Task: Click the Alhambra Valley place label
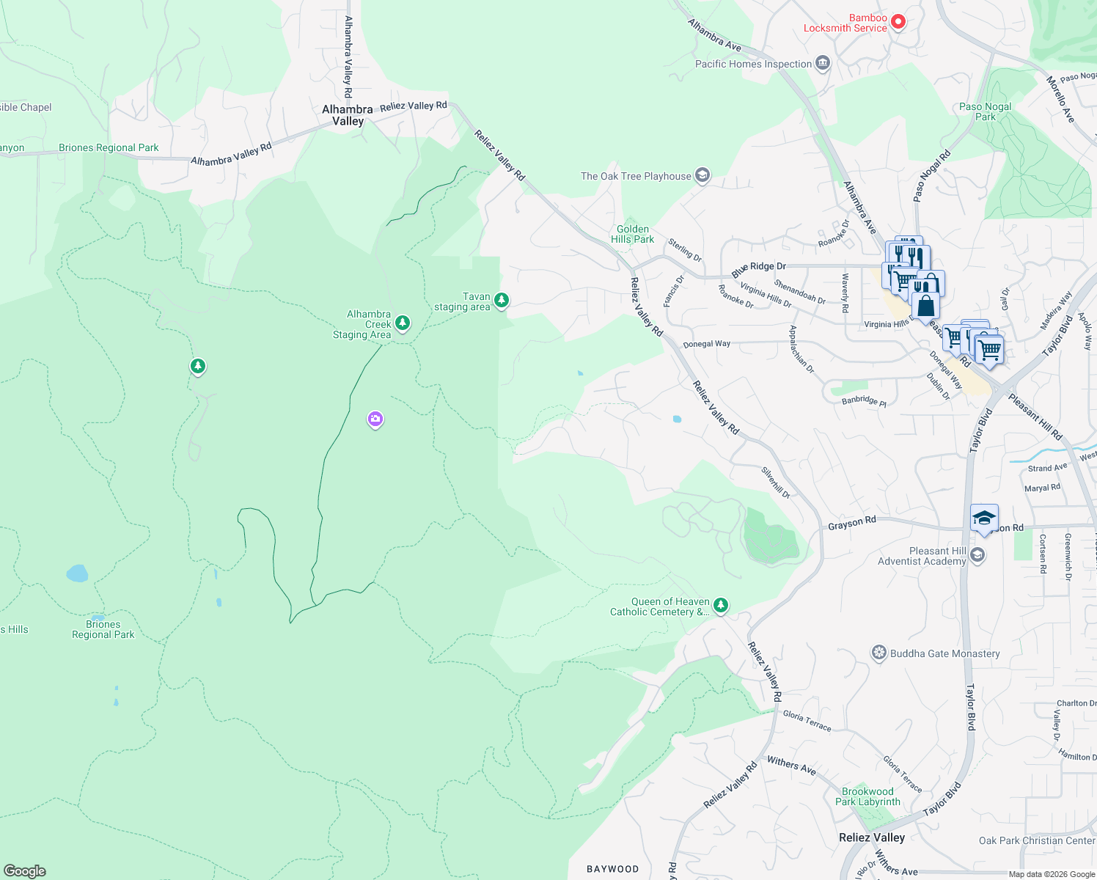tap(348, 115)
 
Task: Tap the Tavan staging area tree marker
tap(502, 300)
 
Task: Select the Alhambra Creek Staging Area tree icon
tap(402, 323)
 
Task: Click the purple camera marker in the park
tap(375, 419)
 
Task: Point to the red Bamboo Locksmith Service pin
tap(898, 22)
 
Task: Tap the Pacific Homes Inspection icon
tap(823, 64)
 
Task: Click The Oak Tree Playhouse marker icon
tap(702, 175)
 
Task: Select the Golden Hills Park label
tap(632, 234)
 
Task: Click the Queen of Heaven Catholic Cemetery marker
tap(721, 605)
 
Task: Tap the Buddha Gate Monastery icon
tap(879, 653)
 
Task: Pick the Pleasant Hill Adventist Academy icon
tap(977, 555)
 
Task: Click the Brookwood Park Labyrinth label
tap(867, 796)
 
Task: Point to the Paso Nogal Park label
tap(985, 111)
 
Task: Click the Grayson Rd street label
tap(851, 523)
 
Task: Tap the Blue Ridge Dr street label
tap(758, 268)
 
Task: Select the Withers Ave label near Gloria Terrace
tap(791, 766)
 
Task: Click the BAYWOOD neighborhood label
tap(612, 869)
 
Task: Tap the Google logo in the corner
tap(25, 870)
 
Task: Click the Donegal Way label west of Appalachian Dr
tap(706, 344)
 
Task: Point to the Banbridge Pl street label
tap(864, 401)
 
